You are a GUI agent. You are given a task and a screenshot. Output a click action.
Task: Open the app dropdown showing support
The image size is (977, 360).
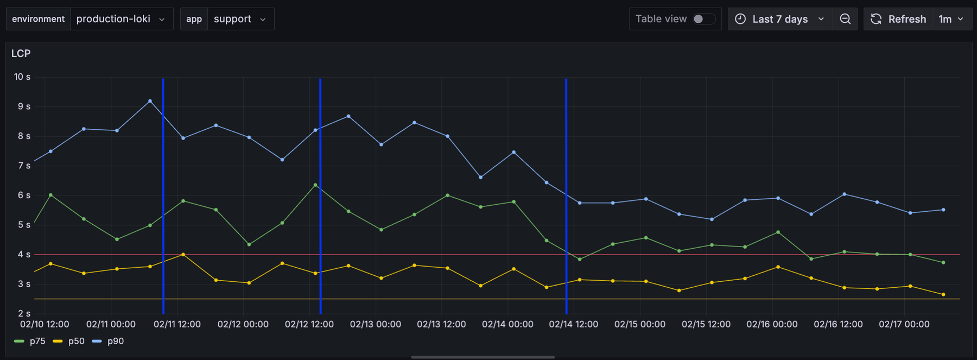pos(239,19)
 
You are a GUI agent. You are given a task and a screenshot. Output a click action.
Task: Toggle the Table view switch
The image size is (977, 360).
pos(703,19)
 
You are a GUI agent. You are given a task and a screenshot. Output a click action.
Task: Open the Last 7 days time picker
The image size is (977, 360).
pos(779,19)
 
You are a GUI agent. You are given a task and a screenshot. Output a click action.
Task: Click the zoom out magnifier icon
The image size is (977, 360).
pos(845,19)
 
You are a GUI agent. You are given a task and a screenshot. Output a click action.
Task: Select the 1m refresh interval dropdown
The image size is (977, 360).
pos(951,19)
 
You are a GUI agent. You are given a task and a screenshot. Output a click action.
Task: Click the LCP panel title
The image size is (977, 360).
pos(21,53)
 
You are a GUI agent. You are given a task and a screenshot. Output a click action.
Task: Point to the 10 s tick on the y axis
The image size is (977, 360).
pos(22,77)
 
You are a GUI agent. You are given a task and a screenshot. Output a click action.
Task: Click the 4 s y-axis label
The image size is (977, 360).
pos(24,254)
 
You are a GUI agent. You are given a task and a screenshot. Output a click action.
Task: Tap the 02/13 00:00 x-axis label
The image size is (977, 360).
pos(375,324)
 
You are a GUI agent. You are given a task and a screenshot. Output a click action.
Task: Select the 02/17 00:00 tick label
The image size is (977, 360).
pos(904,324)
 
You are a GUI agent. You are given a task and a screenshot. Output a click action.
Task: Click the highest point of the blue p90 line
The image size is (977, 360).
pos(150,101)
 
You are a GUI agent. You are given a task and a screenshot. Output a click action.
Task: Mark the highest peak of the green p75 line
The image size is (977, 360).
pos(315,185)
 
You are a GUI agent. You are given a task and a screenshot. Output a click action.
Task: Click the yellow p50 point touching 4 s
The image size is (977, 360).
pos(183,254)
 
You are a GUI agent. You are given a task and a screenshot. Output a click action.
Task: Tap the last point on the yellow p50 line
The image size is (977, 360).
pos(943,294)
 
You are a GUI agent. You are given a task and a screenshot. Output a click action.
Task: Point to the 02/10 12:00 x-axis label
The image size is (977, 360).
pos(45,324)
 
